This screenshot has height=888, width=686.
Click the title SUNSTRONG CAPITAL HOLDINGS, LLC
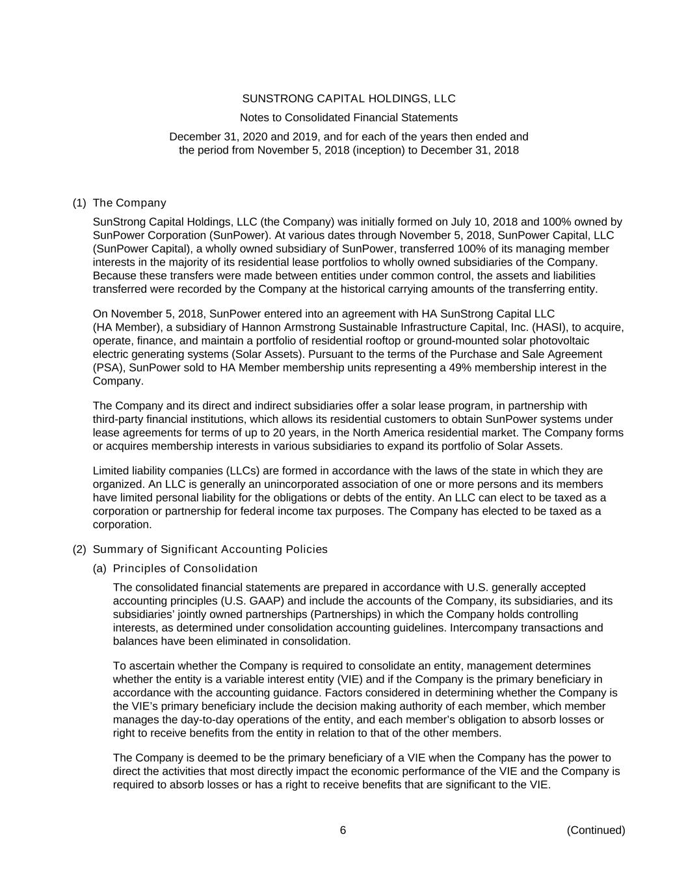tap(349, 99)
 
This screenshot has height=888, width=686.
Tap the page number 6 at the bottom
tap(343, 830)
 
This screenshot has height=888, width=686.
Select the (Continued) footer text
tap(596, 830)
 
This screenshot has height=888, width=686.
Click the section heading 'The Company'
tap(129, 203)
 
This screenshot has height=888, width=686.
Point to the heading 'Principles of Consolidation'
tap(185, 569)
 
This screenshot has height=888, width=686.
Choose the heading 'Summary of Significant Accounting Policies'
tap(210, 550)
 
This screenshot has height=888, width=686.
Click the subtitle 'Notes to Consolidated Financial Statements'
tap(349, 118)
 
